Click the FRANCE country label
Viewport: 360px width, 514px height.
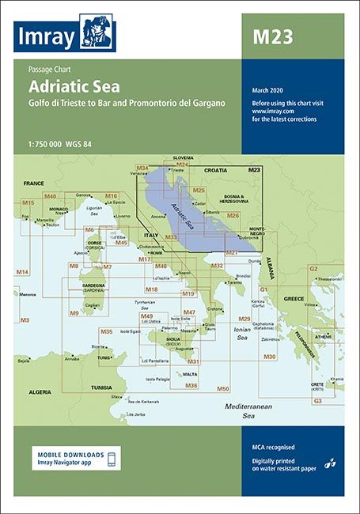[x=33, y=183]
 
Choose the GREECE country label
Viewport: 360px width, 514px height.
[x=294, y=299]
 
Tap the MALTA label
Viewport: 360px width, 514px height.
[x=190, y=374]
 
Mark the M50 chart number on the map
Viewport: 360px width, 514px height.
[x=223, y=388]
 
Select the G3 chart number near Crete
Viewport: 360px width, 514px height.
[x=317, y=401]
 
